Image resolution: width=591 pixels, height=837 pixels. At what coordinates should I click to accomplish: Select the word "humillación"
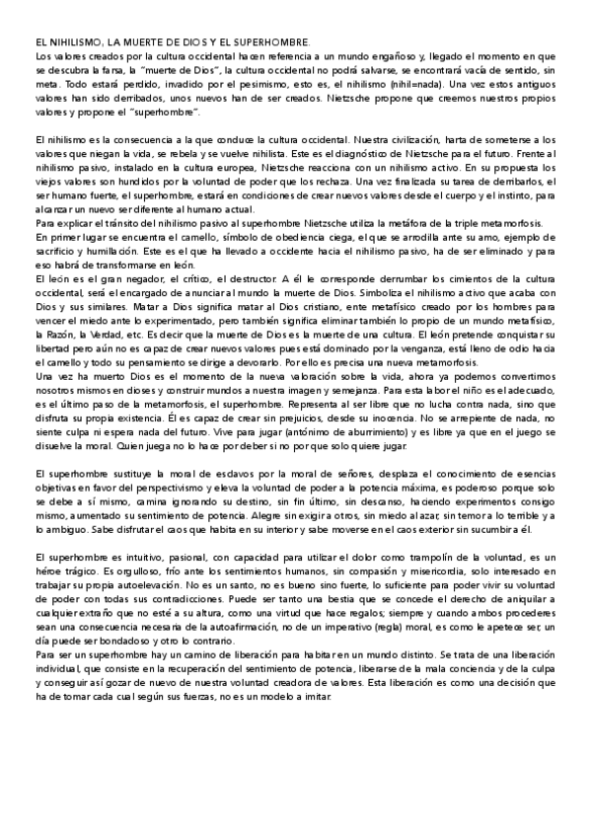click(x=114, y=252)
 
